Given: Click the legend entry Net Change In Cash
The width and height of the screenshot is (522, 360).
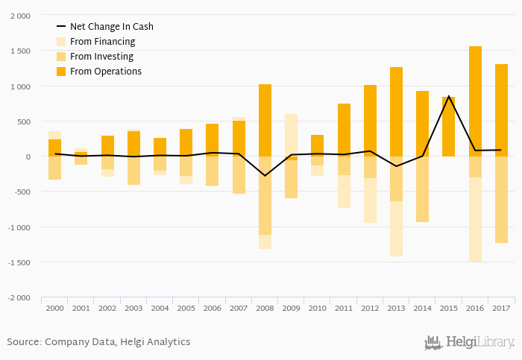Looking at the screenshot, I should click(111, 27).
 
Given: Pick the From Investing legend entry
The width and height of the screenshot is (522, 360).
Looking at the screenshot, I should click(101, 57).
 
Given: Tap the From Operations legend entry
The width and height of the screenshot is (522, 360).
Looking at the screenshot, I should click(105, 72).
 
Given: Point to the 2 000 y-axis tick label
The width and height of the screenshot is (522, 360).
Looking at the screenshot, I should click(21, 16).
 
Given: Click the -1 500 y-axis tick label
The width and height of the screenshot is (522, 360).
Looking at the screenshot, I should click(19, 262).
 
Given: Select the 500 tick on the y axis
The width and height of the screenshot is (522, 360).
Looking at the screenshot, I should click(24, 121).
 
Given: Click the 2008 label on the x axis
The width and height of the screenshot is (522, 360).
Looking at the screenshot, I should click(265, 307).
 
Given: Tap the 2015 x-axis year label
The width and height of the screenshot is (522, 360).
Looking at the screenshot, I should click(448, 307).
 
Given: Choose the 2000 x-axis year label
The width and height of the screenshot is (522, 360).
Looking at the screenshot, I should click(54, 307).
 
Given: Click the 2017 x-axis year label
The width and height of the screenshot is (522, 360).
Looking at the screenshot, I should click(500, 307).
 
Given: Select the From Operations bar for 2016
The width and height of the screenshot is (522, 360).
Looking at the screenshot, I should click(475, 101).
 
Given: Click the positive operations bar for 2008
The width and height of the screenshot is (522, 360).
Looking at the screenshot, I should click(265, 120).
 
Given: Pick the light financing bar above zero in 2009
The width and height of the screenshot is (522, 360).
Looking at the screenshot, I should click(291, 135).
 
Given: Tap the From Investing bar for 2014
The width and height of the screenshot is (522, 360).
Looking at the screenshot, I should click(422, 189).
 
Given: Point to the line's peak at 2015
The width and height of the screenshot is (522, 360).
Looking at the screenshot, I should click(448, 96).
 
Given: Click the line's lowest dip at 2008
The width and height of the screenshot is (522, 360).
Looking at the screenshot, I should click(265, 176).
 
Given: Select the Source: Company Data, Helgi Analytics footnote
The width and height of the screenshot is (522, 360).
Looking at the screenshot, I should click(98, 342).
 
